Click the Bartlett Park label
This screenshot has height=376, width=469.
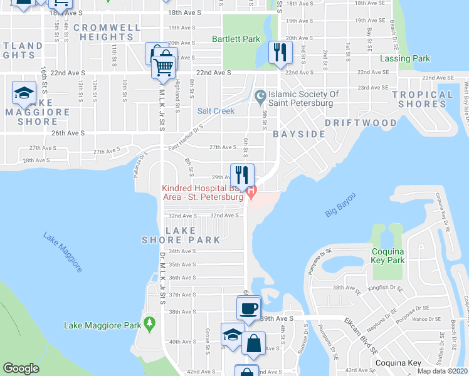[x=236, y=39]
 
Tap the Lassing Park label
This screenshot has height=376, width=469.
[x=405, y=59]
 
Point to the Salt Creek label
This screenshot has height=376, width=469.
[x=216, y=111]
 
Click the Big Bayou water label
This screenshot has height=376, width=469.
[x=340, y=205]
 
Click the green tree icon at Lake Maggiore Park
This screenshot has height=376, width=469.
[x=149, y=323]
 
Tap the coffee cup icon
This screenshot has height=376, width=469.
[x=248, y=308]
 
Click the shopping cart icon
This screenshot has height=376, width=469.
[x=162, y=66]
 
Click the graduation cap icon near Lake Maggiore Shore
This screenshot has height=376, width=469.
[x=24, y=94]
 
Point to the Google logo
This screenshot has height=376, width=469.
[x=21, y=368]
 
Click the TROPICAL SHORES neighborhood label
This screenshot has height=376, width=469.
[x=422, y=99]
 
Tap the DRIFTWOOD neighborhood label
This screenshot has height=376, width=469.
[x=361, y=123]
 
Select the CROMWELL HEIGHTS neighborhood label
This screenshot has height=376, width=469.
[x=107, y=33]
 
